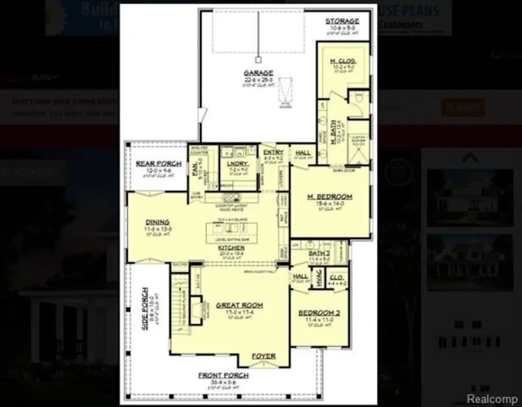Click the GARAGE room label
[258, 73]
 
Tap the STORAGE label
[342, 21]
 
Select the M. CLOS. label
[343, 62]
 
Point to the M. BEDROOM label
[330, 197]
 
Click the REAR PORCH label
[158, 164]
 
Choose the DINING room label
[157, 222]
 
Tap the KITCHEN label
[232, 248]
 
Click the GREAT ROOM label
[240, 305]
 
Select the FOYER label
[263, 356]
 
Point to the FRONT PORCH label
[223, 376]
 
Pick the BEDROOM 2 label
[319, 313]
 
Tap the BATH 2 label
[319, 253]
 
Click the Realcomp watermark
[492, 399]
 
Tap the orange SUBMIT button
[463, 108]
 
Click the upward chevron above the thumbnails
[471, 157]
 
